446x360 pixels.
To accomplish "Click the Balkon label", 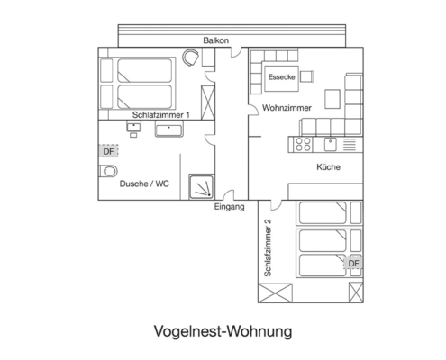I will coord(215,41).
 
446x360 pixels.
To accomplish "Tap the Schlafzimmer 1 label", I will coord(160,115).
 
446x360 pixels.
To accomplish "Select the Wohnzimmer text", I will coord(287,108).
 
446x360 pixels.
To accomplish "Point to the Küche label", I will coord(327,167).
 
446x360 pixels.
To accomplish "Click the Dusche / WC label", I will coord(144,184).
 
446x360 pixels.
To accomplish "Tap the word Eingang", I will coord(230,207).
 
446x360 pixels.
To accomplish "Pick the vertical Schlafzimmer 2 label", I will coord(268,247).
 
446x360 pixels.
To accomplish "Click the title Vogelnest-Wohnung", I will coord(223,330).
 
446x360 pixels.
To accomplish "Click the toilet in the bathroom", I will coord(103,171).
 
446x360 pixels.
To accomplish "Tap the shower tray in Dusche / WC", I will coord(203,185).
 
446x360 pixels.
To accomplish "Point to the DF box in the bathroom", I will coord(108,151).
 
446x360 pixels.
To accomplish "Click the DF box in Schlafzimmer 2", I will coord(353,264).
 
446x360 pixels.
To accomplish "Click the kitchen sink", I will coord(331,142).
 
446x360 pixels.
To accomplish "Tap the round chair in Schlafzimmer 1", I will coord(190,58).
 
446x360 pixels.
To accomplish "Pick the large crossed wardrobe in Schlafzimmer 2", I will coord(275,292).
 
